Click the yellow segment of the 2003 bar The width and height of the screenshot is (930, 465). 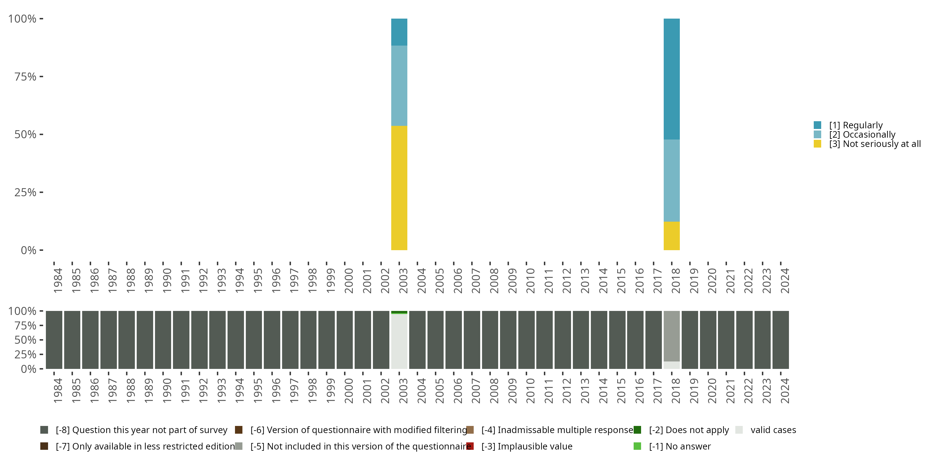click(399, 188)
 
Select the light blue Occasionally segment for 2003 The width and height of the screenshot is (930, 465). click(399, 86)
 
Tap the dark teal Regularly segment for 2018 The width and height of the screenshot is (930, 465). click(671, 79)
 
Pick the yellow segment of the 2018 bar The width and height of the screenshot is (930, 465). click(671, 235)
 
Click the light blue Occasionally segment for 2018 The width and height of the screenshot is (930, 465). click(671, 180)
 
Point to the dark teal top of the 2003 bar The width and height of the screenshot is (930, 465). click(399, 32)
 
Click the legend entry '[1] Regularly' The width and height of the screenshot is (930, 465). click(855, 125)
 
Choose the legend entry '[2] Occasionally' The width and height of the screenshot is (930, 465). click(862, 135)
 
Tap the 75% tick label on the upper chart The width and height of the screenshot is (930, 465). click(25, 77)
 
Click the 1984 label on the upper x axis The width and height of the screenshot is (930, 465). click(58, 281)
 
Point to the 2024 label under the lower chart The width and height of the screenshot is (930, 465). click(785, 391)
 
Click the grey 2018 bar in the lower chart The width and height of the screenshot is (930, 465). click(671, 336)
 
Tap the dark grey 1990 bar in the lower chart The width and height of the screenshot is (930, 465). click(163, 339)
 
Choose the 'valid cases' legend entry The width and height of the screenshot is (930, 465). click(773, 430)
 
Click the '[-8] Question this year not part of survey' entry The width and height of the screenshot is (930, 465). click(141, 430)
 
